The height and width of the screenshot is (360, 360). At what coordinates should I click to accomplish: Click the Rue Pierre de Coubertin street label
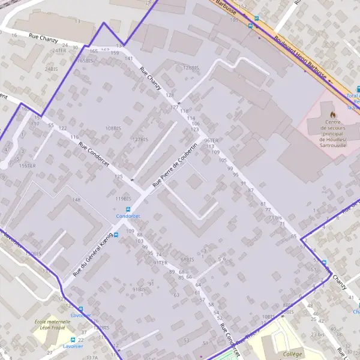tap(176, 164)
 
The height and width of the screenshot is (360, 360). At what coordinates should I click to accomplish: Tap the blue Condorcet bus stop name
tap(128, 216)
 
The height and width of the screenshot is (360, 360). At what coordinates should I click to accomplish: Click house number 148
tap(76, 200)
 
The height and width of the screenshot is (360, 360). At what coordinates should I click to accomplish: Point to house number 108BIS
tap(114, 128)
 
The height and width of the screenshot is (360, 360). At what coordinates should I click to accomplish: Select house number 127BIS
tap(140, 139)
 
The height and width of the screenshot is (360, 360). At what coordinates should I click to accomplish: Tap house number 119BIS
tap(123, 199)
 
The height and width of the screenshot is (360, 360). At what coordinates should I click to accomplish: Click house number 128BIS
tap(190, 68)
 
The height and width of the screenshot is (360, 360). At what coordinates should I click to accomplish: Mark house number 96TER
tap(203, 141)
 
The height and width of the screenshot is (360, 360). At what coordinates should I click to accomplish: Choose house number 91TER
tap(160, 263)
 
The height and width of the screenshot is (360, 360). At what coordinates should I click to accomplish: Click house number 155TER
tap(28, 166)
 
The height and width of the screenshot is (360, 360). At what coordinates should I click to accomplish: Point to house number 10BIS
tap(268, 316)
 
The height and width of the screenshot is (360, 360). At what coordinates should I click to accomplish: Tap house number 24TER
tap(59, 50)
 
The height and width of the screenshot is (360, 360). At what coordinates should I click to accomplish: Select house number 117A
tap(92, 357)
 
